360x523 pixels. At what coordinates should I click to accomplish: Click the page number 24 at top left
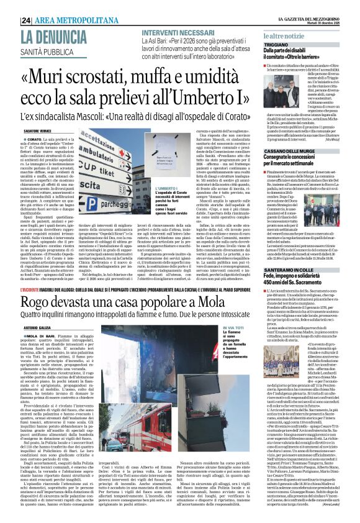tap(9, 4)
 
